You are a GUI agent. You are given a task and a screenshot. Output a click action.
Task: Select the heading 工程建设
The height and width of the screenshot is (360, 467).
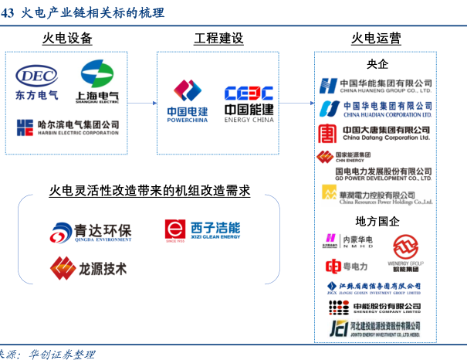click(x=218, y=39)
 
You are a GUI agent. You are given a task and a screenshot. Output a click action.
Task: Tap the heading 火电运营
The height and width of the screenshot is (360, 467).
click(x=376, y=39)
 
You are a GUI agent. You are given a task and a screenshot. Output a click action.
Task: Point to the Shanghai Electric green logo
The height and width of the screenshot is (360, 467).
click(x=97, y=74)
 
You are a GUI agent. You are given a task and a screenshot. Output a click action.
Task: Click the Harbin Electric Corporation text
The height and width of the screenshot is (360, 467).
click(x=77, y=127)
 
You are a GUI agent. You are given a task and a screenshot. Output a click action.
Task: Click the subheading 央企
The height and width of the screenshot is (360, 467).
click(x=377, y=64)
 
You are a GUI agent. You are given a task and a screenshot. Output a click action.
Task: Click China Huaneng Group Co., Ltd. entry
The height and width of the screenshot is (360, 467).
click(x=376, y=86)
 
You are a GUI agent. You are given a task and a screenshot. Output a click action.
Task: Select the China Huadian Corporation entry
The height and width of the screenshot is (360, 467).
click(x=376, y=108)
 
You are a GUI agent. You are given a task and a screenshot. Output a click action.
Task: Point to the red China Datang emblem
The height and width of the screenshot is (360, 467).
click(x=327, y=133)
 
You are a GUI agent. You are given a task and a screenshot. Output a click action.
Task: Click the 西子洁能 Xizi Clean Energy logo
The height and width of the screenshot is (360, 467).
click(x=202, y=230)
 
